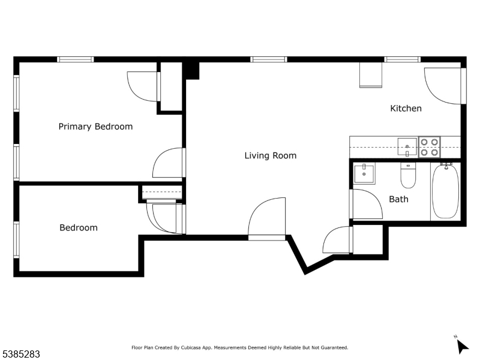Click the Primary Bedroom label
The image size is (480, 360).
tap(95, 127)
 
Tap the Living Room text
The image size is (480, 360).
tap(271, 155)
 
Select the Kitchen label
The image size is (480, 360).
tap(406, 109)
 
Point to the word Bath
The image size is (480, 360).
tap(398, 199)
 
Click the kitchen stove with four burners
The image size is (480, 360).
tap(430, 147)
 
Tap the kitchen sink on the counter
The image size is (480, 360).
tap(407, 147)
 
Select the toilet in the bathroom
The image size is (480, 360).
tap(408, 175)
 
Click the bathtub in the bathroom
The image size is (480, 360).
tap(445, 191)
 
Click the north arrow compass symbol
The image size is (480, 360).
tap(461, 346)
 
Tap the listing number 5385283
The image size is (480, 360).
tap(20, 355)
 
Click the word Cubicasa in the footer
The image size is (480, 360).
tap(191, 348)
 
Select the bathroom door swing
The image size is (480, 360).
tap(367, 204)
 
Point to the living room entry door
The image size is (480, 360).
tap(266, 218)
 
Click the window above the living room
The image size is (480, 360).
tap(269, 59)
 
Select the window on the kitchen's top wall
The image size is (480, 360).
tap(402, 59)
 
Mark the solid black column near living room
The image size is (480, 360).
tap(191, 71)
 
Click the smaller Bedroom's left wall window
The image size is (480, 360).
tap(16, 240)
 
